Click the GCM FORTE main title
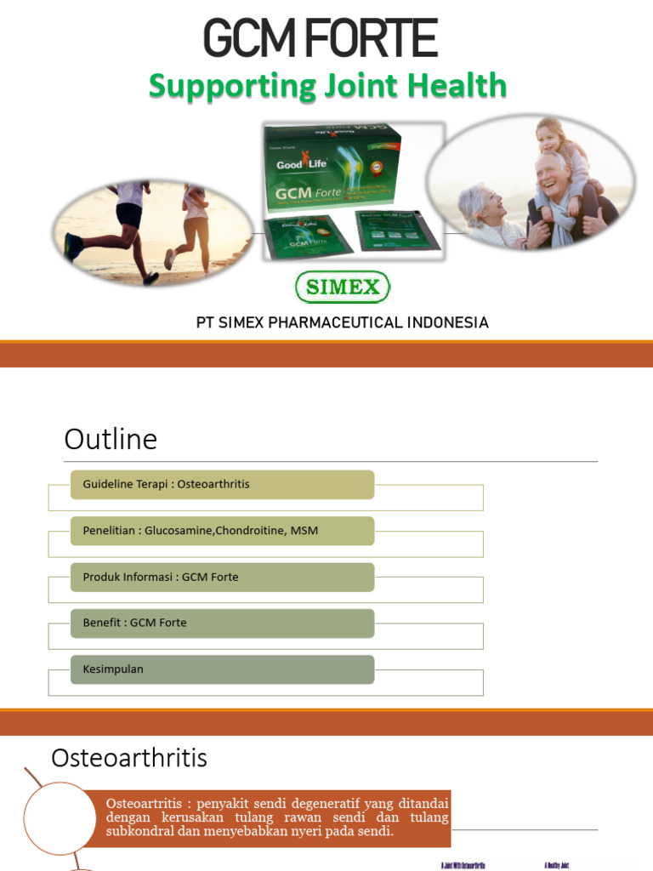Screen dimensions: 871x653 [320, 39]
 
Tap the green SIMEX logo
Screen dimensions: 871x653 [342, 287]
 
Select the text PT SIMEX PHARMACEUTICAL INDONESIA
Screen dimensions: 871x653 [342, 323]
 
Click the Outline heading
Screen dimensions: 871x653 [111, 440]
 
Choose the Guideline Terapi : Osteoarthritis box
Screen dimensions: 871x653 [223, 485]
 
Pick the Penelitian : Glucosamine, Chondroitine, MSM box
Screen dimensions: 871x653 [223, 531]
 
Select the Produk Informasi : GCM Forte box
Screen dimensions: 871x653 [223, 577]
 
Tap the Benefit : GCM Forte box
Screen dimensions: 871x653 [223, 623]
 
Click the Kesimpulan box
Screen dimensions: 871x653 [223, 669]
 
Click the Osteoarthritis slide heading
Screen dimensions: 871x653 [129, 758]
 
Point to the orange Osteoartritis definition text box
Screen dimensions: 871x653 [277, 817]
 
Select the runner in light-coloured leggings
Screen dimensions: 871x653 [194, 225]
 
